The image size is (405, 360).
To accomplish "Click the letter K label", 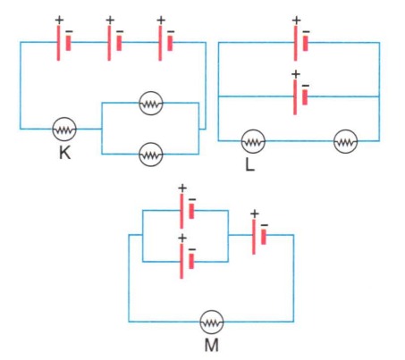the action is [65, 153].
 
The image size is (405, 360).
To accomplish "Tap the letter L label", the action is [250, 164].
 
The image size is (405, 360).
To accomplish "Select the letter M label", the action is [212, 345].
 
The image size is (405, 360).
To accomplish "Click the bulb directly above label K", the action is [64, 129].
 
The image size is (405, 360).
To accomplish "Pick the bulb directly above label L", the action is [253, 141].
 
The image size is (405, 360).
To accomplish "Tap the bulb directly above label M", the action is [212, 322].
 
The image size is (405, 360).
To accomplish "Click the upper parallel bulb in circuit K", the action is [151, 103].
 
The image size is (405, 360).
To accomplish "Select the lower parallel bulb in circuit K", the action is [151, 155].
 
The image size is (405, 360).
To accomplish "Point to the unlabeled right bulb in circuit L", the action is [345, 141].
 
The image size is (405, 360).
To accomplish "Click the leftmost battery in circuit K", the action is [63, 43].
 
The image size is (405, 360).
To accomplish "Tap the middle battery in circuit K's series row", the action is [114, 43].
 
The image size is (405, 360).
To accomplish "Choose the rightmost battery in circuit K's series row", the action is [165, 43].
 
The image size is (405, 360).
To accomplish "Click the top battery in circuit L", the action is [300, 43].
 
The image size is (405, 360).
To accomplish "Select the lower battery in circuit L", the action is [300, 96].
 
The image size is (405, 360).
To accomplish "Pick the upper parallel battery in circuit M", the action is [187, 211].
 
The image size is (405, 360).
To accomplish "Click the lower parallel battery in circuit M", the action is [187, 261].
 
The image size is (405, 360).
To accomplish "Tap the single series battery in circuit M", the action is [259, 237].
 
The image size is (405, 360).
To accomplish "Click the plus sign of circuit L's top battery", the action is [296, 21].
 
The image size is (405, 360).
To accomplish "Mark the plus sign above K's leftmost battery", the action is [59, 20].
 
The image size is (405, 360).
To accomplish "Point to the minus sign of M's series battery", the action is [264, 225].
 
